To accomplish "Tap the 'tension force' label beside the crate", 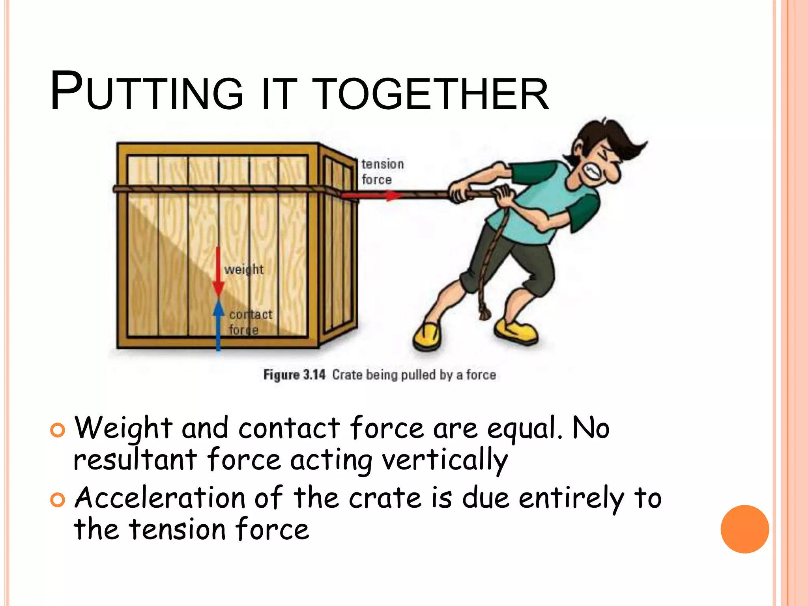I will coord(382,172).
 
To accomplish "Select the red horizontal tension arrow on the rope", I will coord(371,195).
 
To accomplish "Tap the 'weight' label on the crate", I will coord(244,269).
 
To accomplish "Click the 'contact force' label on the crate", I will coord(250,322).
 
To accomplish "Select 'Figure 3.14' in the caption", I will coord(294,374).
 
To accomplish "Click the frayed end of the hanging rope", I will coord(484,314).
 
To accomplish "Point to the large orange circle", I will coord(744,529).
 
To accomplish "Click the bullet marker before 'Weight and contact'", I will coord(58,430).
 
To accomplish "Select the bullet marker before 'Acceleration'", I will coord(58,500).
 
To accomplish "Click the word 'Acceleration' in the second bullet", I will coord(160,498).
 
